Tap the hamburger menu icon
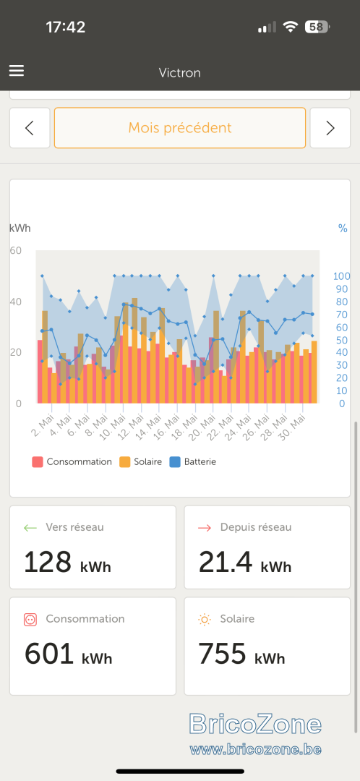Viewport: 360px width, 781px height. pyautogui.click(x=17, y=71)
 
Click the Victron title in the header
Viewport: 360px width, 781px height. pyautogui.click(x=180, y=73)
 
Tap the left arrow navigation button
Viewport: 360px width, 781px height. pyautogui.click(x=30, y=128)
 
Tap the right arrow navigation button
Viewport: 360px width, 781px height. pyautogui.click(x=330, y=128)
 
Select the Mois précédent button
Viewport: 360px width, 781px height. pyautogui.click(x=180, y=128)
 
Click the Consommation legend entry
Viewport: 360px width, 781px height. pyautogui.click(x=72, y=461)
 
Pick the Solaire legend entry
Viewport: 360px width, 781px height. pyautogui.click(x=141, y=461)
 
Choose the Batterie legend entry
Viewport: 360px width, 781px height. pyautogui.click(x=193, y=461)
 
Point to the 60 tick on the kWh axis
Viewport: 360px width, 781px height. pyautogui.click(x=15, y=250)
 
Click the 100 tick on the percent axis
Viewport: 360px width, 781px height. pyautogui.click(x=342, y=276)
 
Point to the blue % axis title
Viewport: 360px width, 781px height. pyautogui.click(x=343, y=229)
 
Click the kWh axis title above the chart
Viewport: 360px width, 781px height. pyautogui.click(x=20, y=228)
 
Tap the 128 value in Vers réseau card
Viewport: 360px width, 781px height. pyautogui.click(x=48, y=563)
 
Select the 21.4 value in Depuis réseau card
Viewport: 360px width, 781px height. pyautogui.click(x=226, y=563)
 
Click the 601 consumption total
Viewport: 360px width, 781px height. pyautogui.click(x=49, y=654)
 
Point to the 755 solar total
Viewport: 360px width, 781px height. pyautogui.click(x=222, y=654)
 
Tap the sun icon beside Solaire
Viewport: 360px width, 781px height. pyautogui.click(x=205, y=619)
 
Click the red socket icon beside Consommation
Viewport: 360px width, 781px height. pyautogui.click(x=30, y=619)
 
